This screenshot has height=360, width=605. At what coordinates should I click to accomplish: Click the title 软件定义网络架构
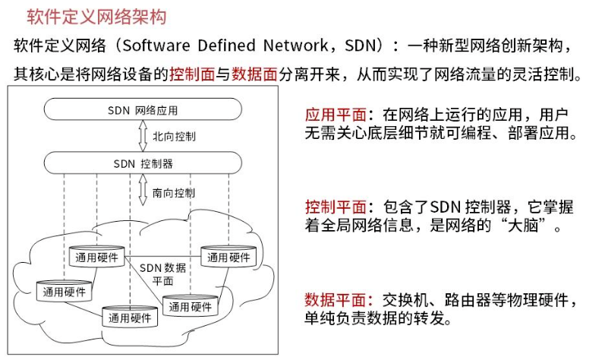(96, 16)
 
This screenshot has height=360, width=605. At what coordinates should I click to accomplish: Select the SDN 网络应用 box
(143, 110)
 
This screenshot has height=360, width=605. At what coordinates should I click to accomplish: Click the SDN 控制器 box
(143, 163)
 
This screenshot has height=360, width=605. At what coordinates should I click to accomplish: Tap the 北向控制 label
(174, 137)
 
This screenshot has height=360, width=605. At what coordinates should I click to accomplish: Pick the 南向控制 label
(174, 193)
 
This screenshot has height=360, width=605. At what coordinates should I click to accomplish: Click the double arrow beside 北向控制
(143, 137)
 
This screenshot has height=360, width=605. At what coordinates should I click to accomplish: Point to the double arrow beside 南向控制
(143, 193)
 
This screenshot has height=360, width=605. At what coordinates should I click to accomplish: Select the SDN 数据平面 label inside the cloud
(162, 274)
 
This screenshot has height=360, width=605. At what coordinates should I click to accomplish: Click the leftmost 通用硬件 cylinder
(64, 291)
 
